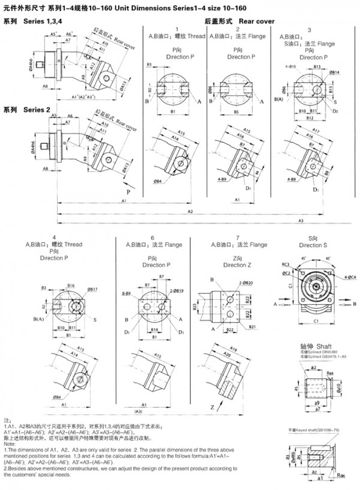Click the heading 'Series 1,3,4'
(43, 22)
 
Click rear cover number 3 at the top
(309, 29)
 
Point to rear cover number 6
(152, 238)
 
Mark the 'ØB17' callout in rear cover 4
(92, 289)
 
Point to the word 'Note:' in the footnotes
(10, 443)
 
